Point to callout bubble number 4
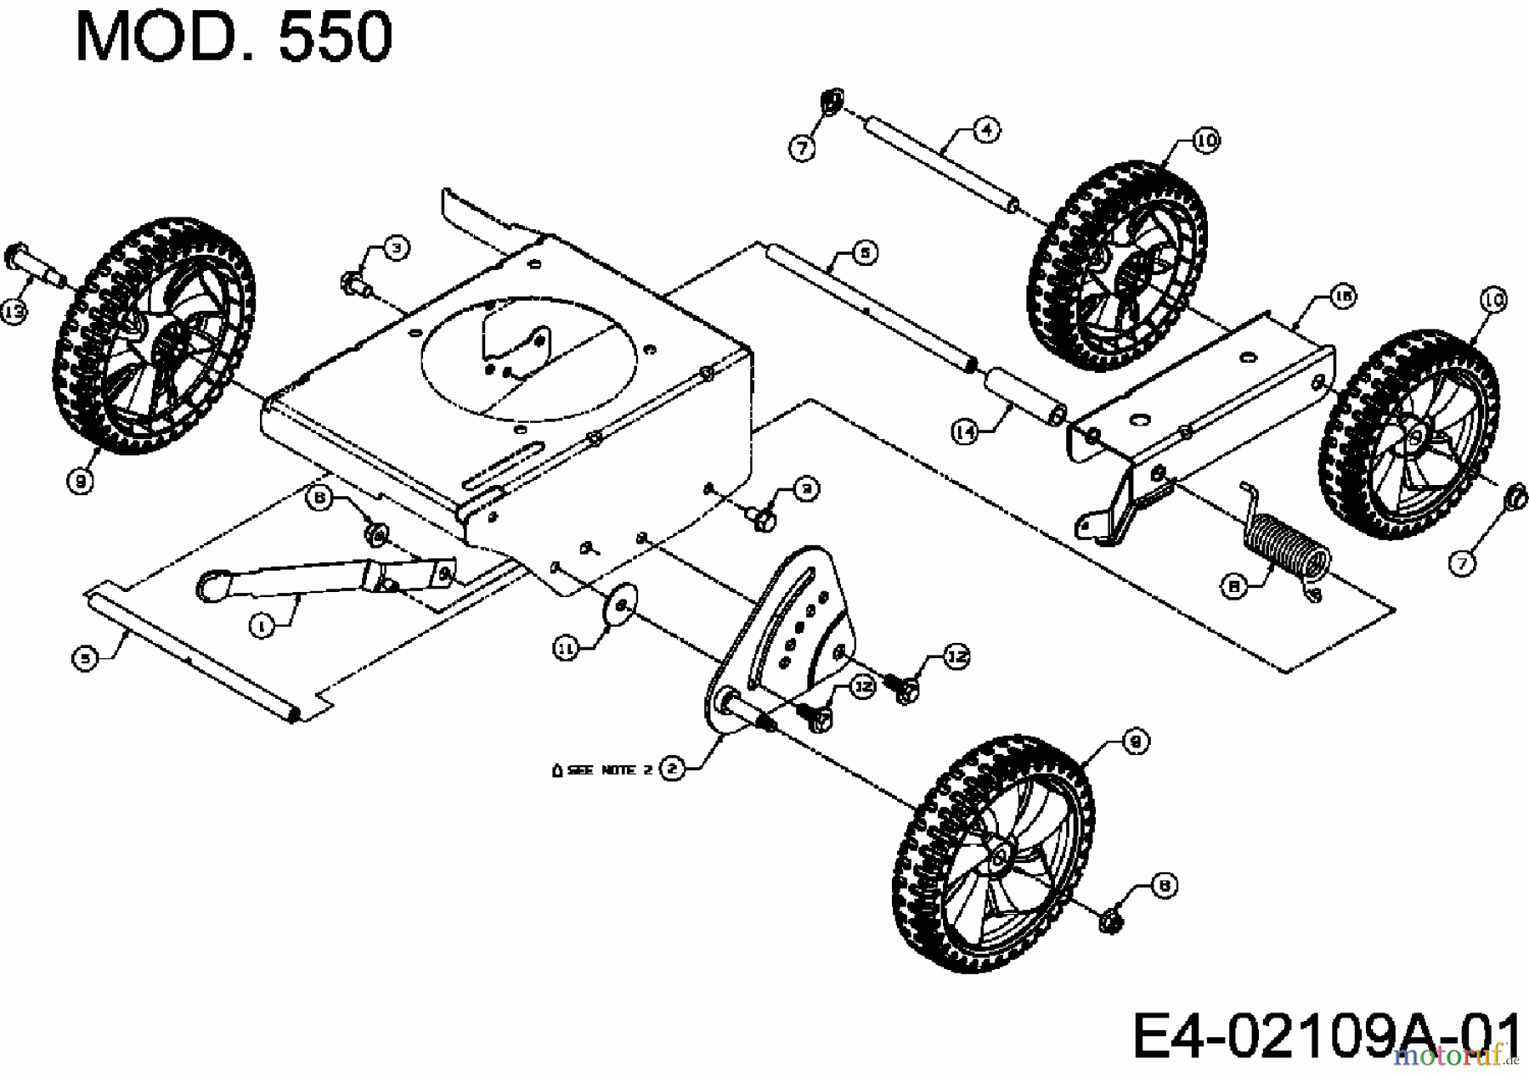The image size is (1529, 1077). click(x=985, y=130)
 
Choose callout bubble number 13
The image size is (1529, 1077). click(x=14, y=312)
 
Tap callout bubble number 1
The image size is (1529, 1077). click(x=262, y=626)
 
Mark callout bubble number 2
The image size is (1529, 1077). click(x=672, y=770)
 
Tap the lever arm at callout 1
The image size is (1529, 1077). click(x=323, y=576)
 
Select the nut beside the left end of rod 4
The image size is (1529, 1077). click(x=830, y=101)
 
